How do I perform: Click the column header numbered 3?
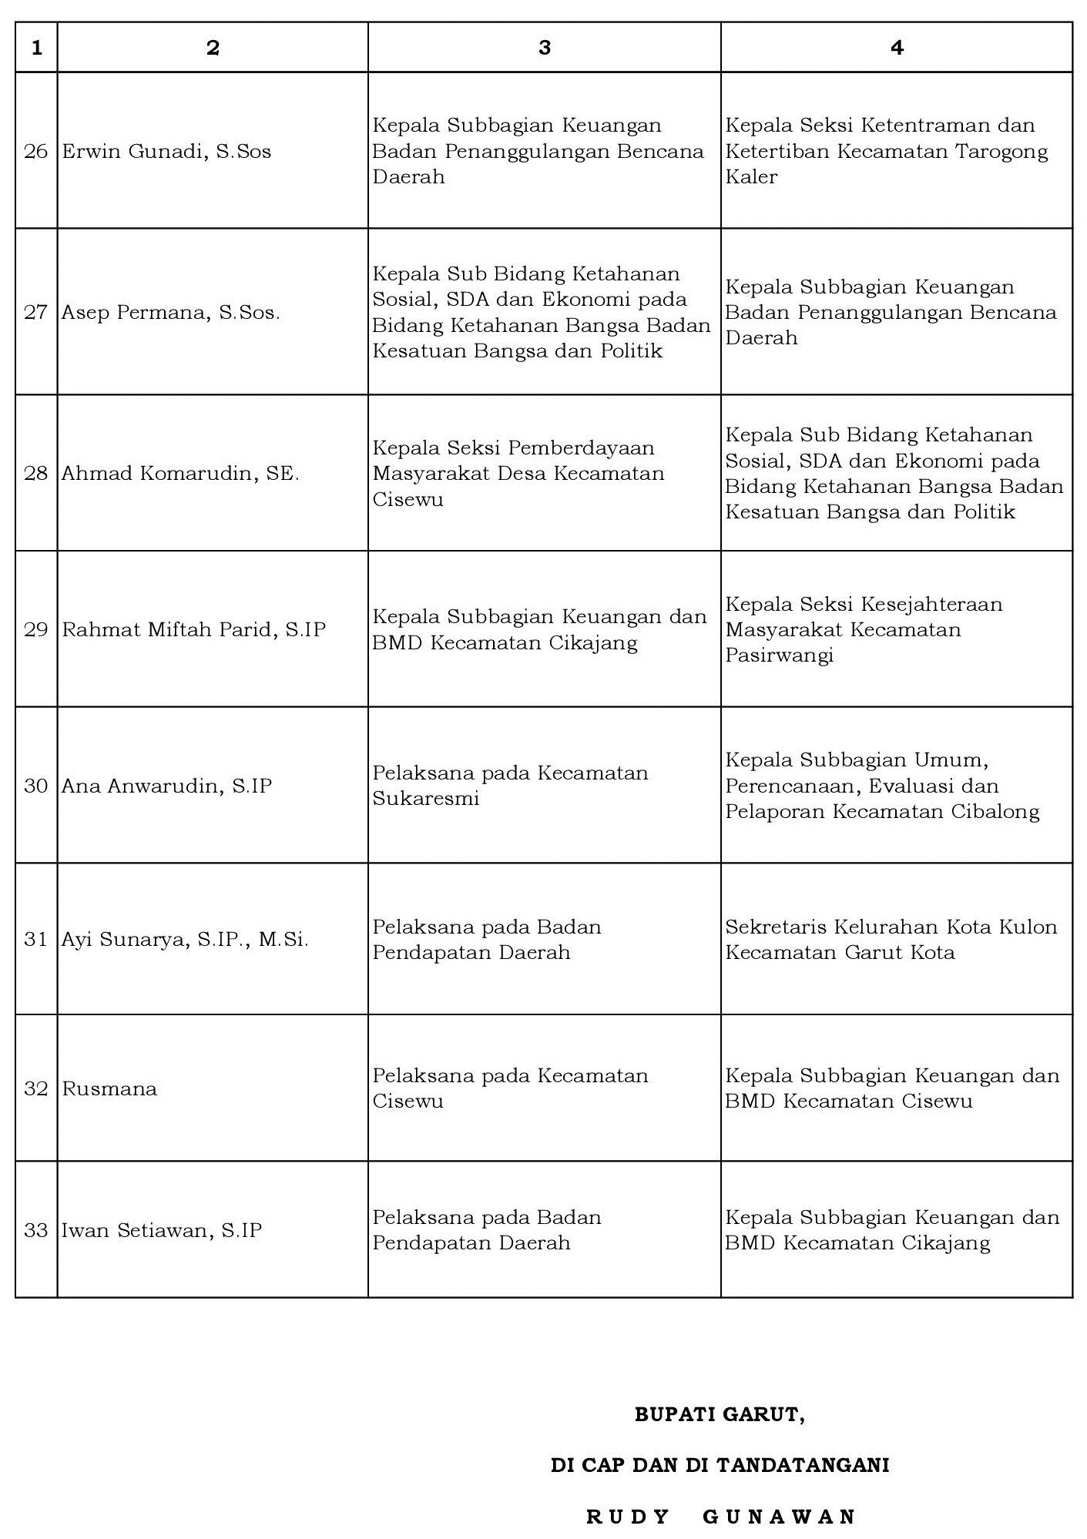coord(544,48)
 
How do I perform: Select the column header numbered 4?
coord(896,48)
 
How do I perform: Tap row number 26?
coord(36,151)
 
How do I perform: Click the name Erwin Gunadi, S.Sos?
coord(166,151)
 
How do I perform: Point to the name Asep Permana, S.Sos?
coord(170,313)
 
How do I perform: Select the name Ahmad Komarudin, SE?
coord(180,473)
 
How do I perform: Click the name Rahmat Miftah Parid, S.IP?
coord(194,629)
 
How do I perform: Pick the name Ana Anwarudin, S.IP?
coord(167,786)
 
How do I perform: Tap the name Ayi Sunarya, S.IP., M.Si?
coord(185,940)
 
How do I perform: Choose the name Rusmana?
coord(109,1088)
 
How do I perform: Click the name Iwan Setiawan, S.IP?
coord(162,1230)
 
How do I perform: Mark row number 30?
coord(36,786)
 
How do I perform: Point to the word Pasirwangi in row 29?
coord(779,655)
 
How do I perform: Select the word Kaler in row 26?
coord(751,177)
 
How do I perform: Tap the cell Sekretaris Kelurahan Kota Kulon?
coord(891,927)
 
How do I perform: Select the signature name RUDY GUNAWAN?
coord(721,1517)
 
